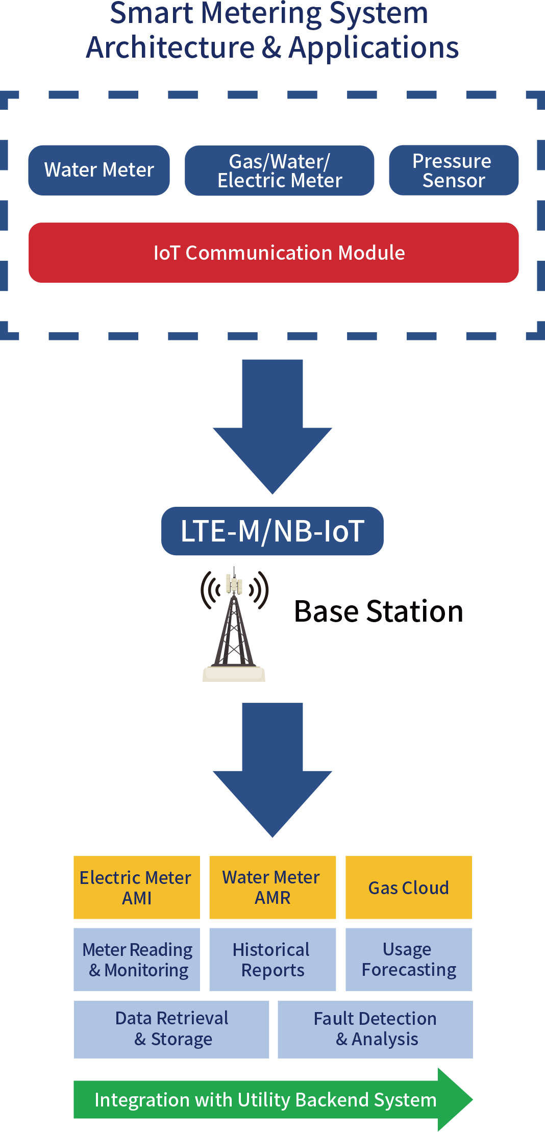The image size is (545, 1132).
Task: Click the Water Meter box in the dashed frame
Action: coord(99,170)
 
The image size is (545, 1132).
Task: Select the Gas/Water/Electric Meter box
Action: coord(279,170)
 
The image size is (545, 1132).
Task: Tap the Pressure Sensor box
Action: coord(453,170)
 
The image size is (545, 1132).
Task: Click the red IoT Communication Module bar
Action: coord(274,253)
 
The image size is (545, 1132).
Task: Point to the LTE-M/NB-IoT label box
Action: coord(272,531)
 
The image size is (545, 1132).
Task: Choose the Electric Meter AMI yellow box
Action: coord(136,887)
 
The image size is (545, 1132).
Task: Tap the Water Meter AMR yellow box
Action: coord(272,887)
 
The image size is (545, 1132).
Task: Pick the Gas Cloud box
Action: coord(409,887)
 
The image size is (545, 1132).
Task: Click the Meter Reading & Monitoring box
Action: coord(136,959)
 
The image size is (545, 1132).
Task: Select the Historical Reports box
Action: coord(272,959)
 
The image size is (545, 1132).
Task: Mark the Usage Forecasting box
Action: coord(409,959)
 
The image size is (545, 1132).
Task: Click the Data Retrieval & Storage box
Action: coord(171,1029)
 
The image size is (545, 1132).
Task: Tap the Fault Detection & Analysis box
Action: coord(375,1029)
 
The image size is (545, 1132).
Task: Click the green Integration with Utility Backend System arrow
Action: coord(266,1100)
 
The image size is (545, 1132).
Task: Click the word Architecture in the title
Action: coord(170,47)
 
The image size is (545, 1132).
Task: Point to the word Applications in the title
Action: coord(374,47)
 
